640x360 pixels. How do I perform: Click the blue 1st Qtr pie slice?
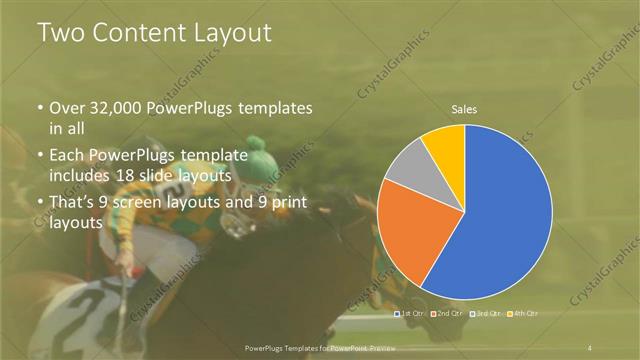click(x=500, y=220)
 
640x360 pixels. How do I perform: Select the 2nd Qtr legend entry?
click(x=450, y=313)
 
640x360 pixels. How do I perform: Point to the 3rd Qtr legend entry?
click(x=487, y=313)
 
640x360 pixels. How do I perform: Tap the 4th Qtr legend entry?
click(x=523, y=313)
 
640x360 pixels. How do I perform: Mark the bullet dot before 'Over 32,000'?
click(x=40, y=108)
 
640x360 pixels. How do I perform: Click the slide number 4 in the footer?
click(x=591, y=346)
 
